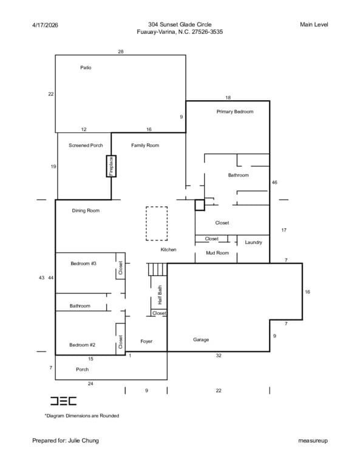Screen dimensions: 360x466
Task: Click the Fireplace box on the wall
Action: [x=111, y=166]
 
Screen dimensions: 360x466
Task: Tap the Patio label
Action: [x=86, y=68]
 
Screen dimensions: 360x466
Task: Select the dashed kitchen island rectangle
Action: [x=157, y=223]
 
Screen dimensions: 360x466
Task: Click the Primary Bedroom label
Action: [x=235, y=112]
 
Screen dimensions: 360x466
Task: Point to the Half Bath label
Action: [x=160, y=295]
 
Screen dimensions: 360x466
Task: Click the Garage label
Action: [x=201, y=340]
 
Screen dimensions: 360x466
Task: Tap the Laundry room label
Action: [x=254, y=243]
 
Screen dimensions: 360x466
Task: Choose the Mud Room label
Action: [x=217, y=253]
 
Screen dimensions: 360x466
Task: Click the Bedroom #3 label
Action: [x=83, y=263]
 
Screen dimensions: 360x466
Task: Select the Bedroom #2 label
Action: [x=83, y=345]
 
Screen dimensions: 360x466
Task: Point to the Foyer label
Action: [x=146, y=342]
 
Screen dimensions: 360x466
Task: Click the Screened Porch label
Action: [x=86, y=146]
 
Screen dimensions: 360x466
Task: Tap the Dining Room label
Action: [x=86, y=211]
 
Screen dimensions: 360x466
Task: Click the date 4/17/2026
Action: [x=45, y=25]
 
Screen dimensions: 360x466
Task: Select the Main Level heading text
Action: [x=314, y=25]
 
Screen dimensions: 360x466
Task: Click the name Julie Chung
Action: [x=83, y=441]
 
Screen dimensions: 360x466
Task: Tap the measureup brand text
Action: [x=313, y=441]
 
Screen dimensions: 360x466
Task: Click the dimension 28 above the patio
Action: [x=120, y=52]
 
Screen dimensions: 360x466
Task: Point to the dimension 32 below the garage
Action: [x=219, y=356]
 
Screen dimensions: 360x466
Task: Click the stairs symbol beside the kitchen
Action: [x=158, y=269]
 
